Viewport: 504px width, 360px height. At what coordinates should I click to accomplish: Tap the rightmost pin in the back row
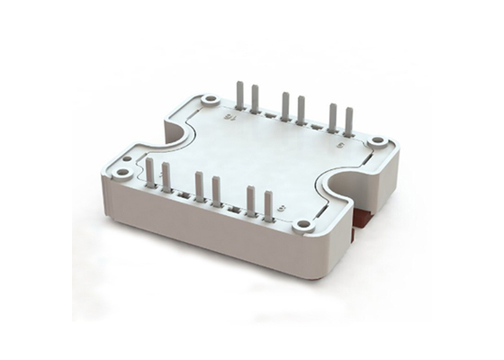tap(348, 121)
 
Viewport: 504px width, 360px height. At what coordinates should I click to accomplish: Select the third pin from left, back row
tap(285, 105)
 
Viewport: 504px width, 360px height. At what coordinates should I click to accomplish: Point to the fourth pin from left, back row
tap(301, 109)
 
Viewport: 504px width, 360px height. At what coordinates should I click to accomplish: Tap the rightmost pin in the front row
tap(268, 205)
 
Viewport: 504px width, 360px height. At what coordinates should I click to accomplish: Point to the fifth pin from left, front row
tap(251, 201)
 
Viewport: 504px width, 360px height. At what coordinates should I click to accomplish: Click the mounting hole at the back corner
tap(211, 100)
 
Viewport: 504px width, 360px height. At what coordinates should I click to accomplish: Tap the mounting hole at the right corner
tap(377, 141)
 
